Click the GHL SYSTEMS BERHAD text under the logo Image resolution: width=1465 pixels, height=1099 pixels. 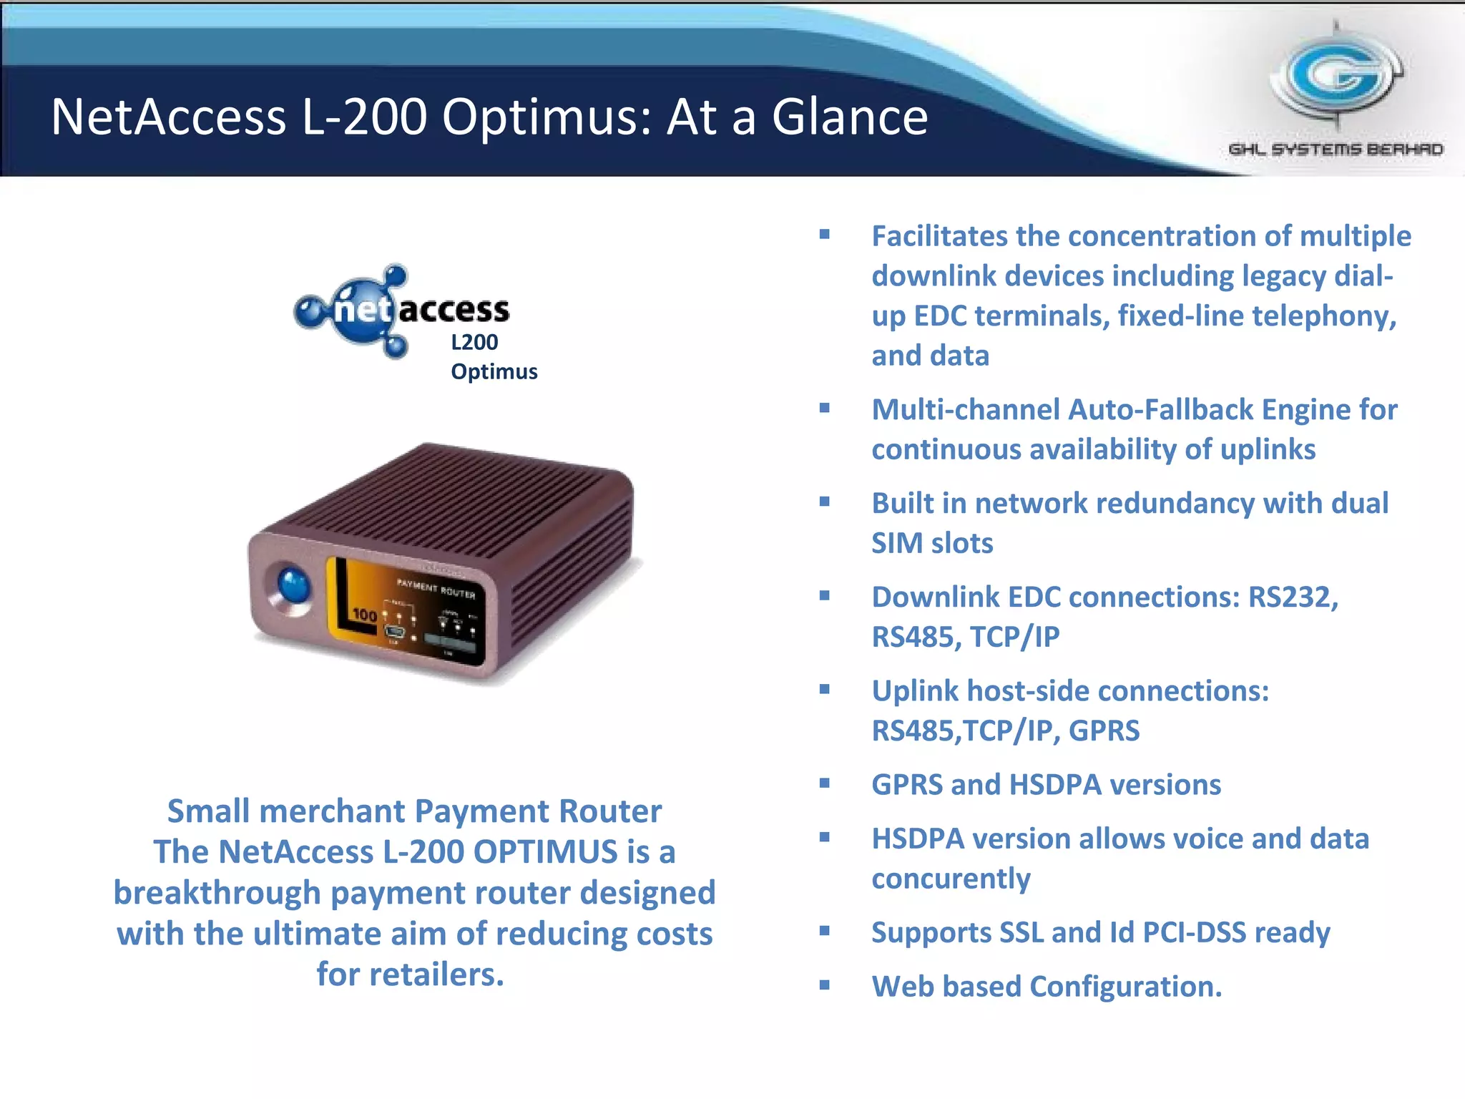(x=1336, y=150)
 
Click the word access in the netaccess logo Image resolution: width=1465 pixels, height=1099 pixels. (x=454, y=310)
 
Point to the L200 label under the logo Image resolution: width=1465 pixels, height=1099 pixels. (x=474, y=342)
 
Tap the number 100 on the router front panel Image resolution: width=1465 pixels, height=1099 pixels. (x=365, y=615)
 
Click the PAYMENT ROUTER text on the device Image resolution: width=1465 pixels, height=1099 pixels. (x=436, y=589)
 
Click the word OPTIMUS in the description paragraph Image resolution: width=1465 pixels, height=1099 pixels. (x=545, y=851)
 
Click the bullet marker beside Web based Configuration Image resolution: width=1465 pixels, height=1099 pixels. (x=825, y=985)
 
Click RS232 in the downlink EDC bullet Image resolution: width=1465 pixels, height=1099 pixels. (x=1292, y=597)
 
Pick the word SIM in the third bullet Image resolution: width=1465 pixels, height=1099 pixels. (x=896, y=544)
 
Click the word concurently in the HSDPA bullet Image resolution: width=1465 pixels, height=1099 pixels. (x=951, y=879)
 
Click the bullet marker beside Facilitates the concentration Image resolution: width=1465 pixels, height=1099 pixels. (x=825, y=234)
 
